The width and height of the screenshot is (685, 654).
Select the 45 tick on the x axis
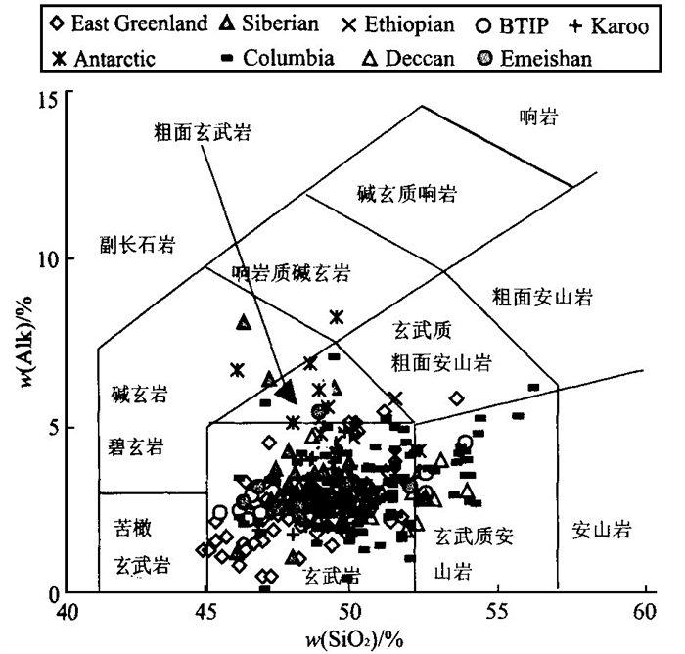(x=205, y=613)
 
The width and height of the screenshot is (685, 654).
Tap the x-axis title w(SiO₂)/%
(x=351, y=638)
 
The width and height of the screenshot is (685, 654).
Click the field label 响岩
(x=537, y=117)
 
